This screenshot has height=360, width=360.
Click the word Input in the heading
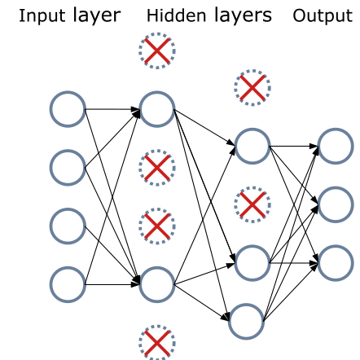click(x=42, y=15)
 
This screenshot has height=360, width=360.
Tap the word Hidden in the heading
click(x=176, y=15)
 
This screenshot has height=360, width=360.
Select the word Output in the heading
click(x=323, y=15)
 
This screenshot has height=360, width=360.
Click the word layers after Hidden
click(x=243, y=15)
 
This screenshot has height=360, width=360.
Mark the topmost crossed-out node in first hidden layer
click(x=157, y=50)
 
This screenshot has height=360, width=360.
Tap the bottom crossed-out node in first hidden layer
click(x=157, y=343)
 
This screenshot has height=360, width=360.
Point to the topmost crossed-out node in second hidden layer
click(x=252, y=87)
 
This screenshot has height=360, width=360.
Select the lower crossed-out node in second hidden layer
click(x=252, y=204)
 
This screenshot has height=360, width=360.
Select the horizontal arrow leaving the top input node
click(x=112, y=109)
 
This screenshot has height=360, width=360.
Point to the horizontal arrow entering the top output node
click(x=294, y=147)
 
